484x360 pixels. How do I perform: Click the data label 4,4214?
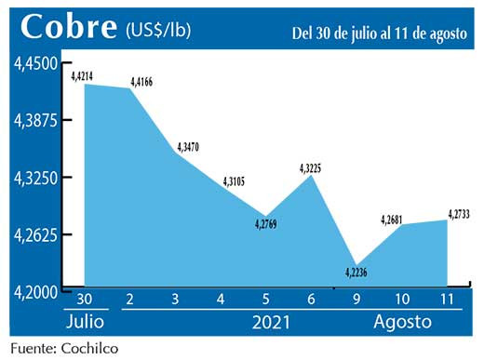pos(85,75)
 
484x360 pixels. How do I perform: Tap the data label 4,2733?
pos(457,214)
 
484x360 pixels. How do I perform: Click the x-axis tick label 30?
pos(85,300)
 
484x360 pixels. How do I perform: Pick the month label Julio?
pos(86,323)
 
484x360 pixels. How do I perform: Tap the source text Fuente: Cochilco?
pos(64,349)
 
